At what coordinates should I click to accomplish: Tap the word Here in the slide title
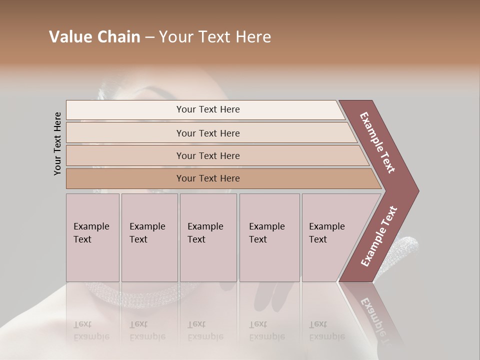pyautogui.click(x=253, y=37)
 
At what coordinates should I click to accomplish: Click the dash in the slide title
pyautogui.click(x=149, y=37)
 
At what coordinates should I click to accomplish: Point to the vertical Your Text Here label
pyautogui.click(x=57, y=143)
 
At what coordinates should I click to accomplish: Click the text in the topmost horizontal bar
pyautogui.click(x=208, y=109)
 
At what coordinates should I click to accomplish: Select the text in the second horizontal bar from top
pyautogui.click(x=208, y=133)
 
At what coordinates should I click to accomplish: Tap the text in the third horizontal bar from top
pyautogui.click(x=208, y=156)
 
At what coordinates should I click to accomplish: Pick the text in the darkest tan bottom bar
pyautogui.click(x=208, y=178)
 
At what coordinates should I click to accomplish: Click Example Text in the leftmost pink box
pyautogui.click(x=91, y=233)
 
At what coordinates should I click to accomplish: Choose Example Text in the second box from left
pyautogui.click(x=147, y=233)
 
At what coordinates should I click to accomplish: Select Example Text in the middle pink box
pyautogui.click(x=205, y=233)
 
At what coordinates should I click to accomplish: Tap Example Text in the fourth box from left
pyautogui.click(x=266, y=233)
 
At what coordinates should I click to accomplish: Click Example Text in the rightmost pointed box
pyautogui.click(x=326, y=233)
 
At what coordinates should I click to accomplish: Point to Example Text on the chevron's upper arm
pyautogui.click(x=377, y=142)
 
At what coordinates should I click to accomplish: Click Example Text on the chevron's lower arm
pyautogui.click(x=379, y=236)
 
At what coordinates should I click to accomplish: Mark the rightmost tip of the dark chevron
pyautogui.click(x=418, y=191)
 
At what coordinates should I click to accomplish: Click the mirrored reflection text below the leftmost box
pyautogui.click(x=91, y=330)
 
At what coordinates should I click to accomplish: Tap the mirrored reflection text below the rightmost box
pyautogui.click(x=326, y=330)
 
